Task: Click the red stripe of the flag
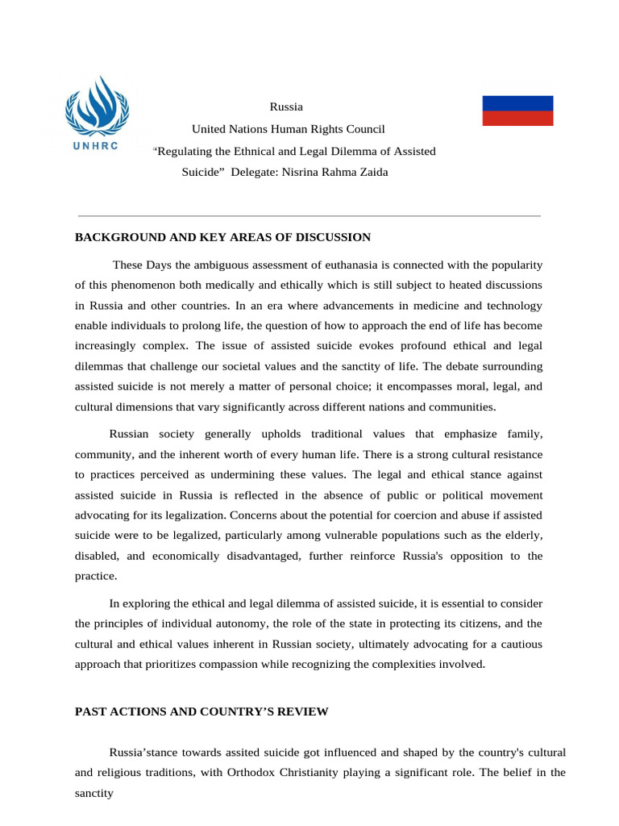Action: click(x=517, y=119)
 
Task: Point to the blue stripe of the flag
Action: click(x=517, y=103)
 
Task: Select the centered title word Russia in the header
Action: click(x=286, y=106)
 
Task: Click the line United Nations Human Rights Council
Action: click(x=288, y=129)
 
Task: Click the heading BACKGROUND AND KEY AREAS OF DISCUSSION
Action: click(x=222, y=237)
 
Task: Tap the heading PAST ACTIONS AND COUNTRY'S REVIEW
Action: click(x=201, y=711)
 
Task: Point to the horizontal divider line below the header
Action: click(x=309, y=216)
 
